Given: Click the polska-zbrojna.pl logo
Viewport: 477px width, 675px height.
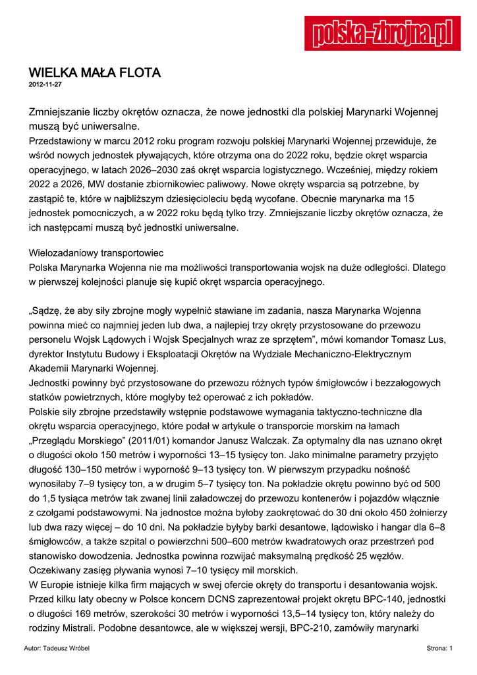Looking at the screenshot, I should pyautogui.click(x=382, y=32).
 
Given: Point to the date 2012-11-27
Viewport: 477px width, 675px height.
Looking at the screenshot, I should pyautogui.click(x=45, y=85).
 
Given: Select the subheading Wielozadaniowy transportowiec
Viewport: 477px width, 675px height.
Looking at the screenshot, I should pyautogui.click(x=97, y=253).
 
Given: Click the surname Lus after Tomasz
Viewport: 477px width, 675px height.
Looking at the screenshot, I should pyautogui.click(x=437, y=339).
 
